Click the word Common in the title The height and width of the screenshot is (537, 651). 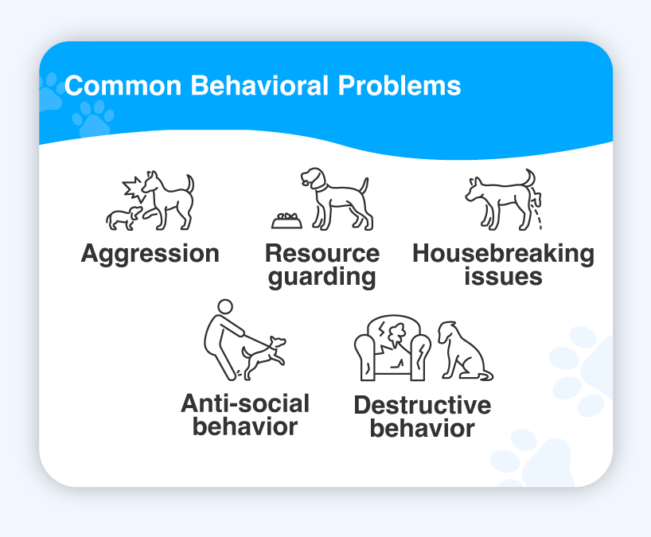click(x=123, y=85)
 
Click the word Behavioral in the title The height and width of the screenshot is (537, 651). click(x=259, y=85)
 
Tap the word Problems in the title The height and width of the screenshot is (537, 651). click(x=400, y=85)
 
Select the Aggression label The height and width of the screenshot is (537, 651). click(x=150, y=254)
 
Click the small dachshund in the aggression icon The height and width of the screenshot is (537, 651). click(x=123, y=218)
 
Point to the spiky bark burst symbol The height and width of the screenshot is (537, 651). click(x=133, y=189)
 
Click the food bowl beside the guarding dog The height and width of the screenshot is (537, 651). click(x=287, y=221)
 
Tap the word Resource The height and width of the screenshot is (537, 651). click(x=322, y=253)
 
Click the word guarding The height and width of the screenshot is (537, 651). click(x=322, y=277)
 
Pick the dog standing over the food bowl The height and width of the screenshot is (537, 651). click(x=337, y=199)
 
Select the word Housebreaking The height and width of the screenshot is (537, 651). click(x=503, y=253)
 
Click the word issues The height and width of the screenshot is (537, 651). click(x=503, y=276)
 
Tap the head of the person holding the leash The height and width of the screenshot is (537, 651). click(x=225, y=308)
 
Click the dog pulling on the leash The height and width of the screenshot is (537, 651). click(x=263, y=358)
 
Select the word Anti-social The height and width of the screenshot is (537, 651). click(x=245, y=403)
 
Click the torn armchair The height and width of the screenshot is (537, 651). click(x=392, y=348)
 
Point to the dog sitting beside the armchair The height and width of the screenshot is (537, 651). click(x=464, y=351)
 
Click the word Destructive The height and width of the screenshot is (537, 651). click(x=423, y=405)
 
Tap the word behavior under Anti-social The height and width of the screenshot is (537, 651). click(x=245, y=426)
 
